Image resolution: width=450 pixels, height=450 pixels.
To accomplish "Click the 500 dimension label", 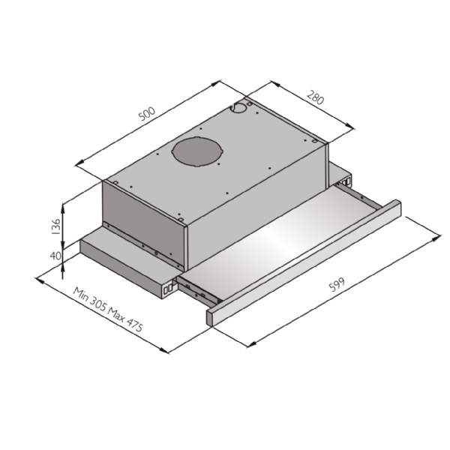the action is [147, 114].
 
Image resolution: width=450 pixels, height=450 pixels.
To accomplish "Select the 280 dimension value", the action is [316, 97].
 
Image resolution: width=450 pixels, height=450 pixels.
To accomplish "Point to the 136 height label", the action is [56, 227].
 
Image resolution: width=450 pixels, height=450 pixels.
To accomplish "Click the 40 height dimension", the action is [55, 256].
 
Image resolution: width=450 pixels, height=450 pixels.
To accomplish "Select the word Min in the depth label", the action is [81, 292].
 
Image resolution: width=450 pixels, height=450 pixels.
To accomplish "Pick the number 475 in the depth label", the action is [134, 324].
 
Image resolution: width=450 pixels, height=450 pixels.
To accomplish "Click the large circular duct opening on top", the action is [197, 151].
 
